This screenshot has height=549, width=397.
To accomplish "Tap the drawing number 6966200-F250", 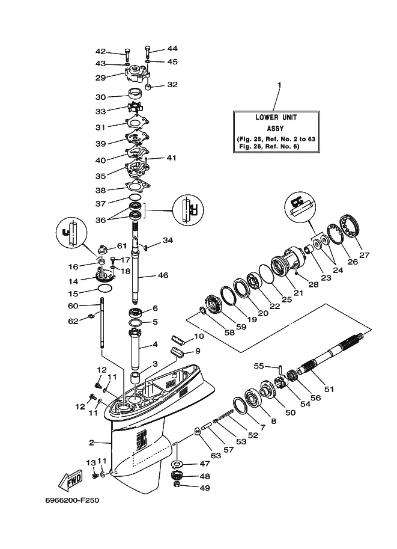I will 71,500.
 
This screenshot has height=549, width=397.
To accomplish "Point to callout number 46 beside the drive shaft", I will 162,276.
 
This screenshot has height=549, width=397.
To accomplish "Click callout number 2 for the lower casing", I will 92,443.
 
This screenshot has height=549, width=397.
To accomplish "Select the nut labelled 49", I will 177,486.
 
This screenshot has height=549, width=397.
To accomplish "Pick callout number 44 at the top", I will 172,48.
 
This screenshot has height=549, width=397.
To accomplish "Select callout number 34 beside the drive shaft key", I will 168,240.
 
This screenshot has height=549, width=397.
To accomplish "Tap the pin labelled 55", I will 281,368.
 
